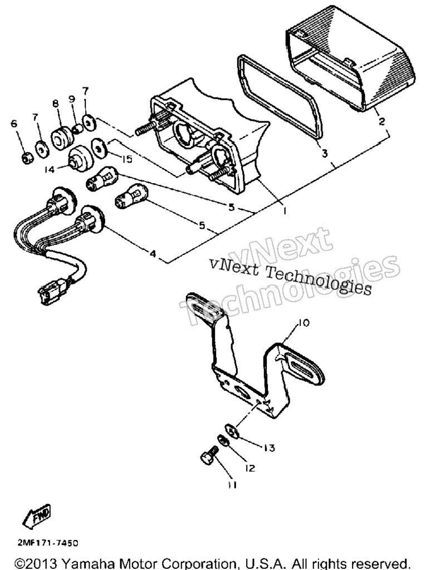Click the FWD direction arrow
36,516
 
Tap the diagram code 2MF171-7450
48,543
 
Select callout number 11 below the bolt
233,485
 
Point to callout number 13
269,448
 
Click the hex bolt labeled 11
209,455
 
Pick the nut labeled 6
27,158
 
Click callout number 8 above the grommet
55,104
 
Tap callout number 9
72,99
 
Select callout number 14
50,169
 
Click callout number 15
127,159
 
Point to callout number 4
153,253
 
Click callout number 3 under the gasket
325,154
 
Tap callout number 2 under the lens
381,121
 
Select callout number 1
285,210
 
